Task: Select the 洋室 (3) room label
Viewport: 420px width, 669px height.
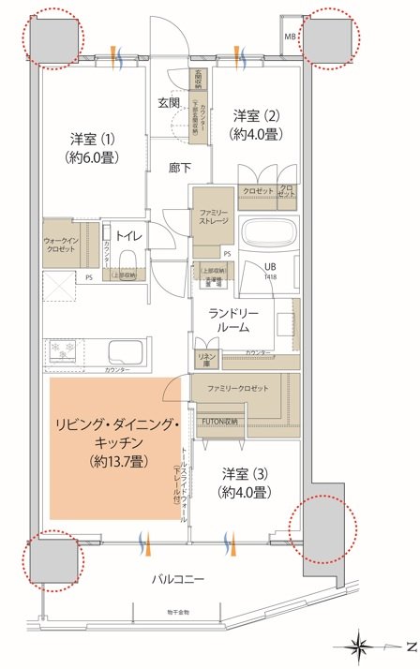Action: click(x=246, y=483)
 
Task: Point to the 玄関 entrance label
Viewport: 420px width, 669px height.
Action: click(x=170, y=102)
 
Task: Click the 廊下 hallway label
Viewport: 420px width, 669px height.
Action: click(x=181, y=169)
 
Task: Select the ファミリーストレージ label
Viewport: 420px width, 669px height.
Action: click(x=213, y=219)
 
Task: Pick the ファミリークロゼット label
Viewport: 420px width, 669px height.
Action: click(x=238, y=388)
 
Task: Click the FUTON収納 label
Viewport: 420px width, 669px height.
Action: click(x=222, y=422)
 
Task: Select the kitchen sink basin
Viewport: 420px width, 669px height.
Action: click(x=127, y=354)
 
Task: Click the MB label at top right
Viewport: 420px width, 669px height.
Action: click(x=291, y=38)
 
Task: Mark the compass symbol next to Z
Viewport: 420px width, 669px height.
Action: click(x=362, y=647)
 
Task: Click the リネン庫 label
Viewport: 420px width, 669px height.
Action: click(x=203, y=358)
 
